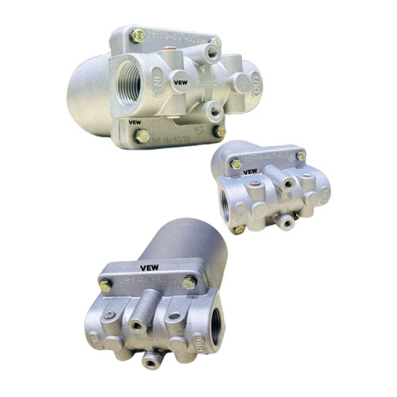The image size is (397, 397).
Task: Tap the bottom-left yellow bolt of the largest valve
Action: coord(142,136)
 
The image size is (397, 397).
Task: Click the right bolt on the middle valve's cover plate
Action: coord(301,156)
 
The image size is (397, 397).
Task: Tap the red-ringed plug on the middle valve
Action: coord(252,189)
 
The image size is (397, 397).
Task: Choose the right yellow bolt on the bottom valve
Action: coord(188,283)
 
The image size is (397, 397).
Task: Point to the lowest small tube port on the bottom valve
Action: coord(148,360)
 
